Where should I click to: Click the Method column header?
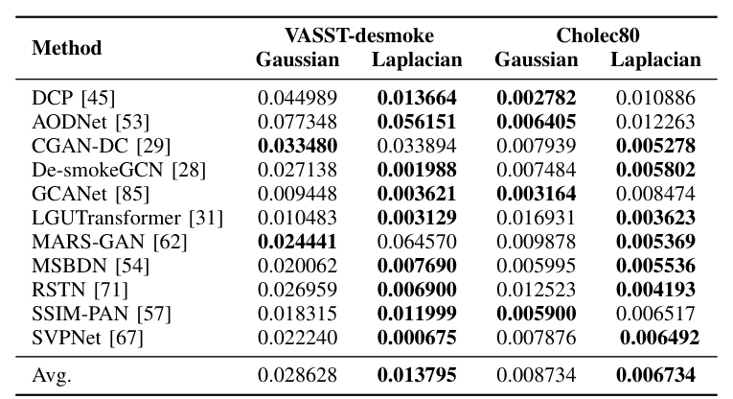(67, 47)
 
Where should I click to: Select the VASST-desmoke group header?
(358, 35)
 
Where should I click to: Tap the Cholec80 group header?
(598, 35)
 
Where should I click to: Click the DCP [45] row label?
(72, 97)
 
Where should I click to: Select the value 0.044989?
(297, 97)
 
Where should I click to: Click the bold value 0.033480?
(297, 144)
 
